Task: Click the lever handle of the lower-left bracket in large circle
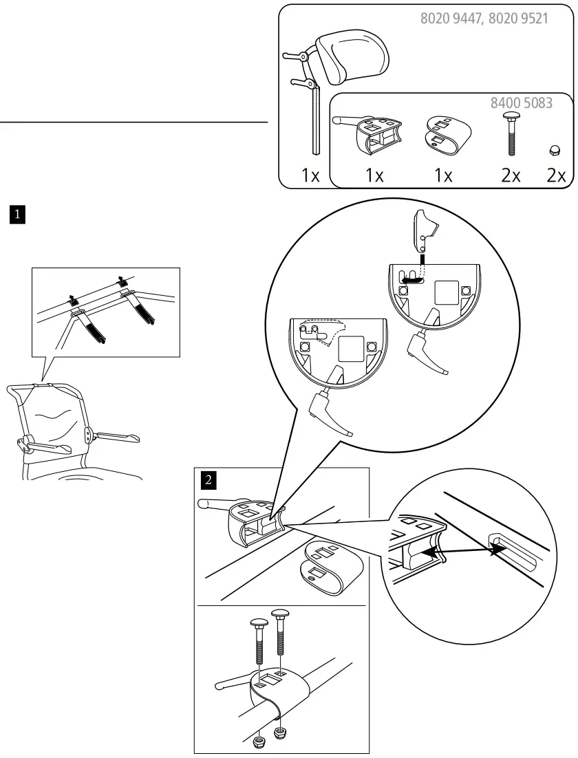pyautogui.click(x=334, y=417)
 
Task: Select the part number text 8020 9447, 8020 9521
pyautogui.click(x=484, y=19)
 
